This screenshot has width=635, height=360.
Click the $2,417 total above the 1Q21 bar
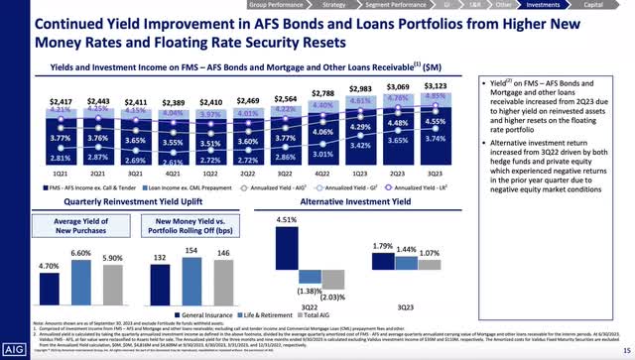coord(32,102)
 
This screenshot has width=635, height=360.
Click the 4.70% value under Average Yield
coord(33,266)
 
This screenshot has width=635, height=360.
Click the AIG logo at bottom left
coord(21,349)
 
